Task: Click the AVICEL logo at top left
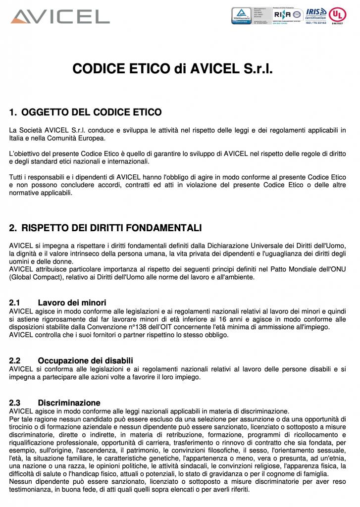pyautogui.click(x=60, y=16)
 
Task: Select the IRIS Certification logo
pyautogui.click(x=316, y=14)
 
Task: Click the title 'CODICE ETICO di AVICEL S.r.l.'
pyautogui.click(x=172, y=68)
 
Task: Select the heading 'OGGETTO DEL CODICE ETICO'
pyautogui.click(x=92, y=112)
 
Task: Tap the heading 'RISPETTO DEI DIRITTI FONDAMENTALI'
pyautogui.click(x=111, y=228)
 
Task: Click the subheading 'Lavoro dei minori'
pyautogui.click(x=72, y=303)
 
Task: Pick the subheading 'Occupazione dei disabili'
pyautogui.click(x=85, y=360)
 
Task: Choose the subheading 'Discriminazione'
pyautogui.click(x=69, y=403)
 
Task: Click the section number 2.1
pyautogui.click(x=15, y=303)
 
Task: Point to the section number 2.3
pyautogui.click(x=15, y=403)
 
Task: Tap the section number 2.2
pyautogui.click(x=15, y=360)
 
